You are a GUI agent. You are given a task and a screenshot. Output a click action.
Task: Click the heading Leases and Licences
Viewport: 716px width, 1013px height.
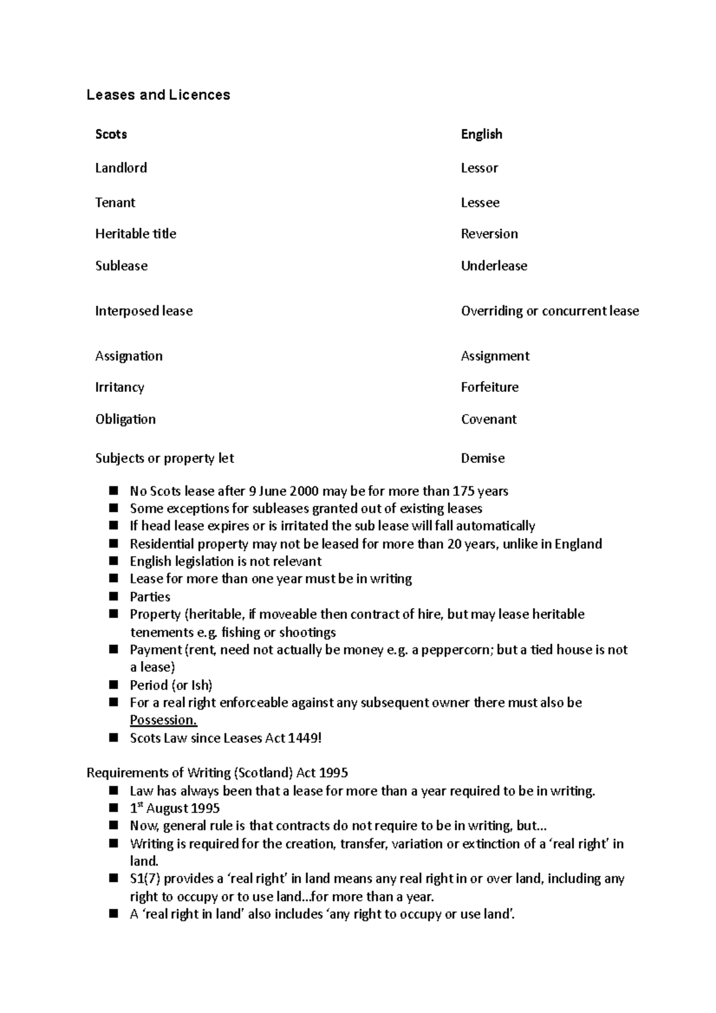(158, 95)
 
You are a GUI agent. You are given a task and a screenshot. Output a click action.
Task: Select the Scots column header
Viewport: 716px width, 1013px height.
(111, 134)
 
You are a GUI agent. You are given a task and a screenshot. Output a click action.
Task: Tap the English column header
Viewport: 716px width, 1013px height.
(481, 134)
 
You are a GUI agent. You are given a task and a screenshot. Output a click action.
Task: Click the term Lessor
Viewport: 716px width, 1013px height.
(479, 168)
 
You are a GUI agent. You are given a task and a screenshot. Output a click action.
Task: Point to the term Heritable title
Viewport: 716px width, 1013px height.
(135, 234)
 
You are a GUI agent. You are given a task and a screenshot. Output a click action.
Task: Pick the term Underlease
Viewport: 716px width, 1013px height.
(493, 266)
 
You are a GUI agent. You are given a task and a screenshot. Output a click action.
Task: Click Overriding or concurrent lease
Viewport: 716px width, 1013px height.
(550, 311)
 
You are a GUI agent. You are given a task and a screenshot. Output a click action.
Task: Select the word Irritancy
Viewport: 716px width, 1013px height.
(119, 387)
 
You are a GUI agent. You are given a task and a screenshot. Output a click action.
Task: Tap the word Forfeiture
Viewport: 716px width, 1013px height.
(489, 387)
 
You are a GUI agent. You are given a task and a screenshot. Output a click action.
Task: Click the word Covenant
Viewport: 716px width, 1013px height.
(488, 419)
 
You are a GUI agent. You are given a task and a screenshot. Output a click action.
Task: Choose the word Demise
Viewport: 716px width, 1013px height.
(482, 459)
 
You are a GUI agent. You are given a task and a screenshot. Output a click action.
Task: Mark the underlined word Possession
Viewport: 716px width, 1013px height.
(163, 720)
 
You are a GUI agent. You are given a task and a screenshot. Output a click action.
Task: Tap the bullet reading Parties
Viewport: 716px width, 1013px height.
(150, 597)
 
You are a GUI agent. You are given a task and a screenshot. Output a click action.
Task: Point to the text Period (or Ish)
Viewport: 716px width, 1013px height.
(171, 685)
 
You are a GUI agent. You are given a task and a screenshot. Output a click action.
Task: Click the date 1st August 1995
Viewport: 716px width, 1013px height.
(174, 809)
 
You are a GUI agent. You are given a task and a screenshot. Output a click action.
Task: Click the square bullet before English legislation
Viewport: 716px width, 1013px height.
(114, 561)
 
